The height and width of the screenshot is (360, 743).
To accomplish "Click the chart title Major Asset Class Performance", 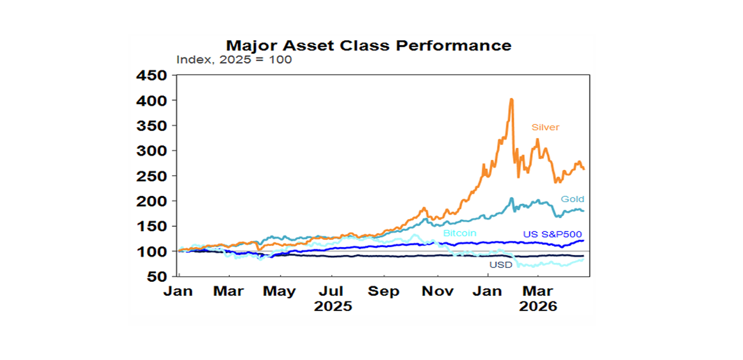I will coord(369,45).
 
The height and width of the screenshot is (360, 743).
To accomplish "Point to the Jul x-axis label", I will coord(332,292).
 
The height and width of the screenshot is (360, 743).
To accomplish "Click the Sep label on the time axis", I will coord(384,292).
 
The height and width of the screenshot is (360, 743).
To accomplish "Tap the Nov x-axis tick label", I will coord(437,292).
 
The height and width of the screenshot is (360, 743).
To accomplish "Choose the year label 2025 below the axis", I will coord(333,307).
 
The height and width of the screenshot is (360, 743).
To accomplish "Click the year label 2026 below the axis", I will coord(537,307).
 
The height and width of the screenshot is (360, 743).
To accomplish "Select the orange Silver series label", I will coord(545,127).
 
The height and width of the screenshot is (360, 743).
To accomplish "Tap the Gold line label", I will coord(572,199).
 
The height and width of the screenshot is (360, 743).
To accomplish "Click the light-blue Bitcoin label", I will coord(460,233).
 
